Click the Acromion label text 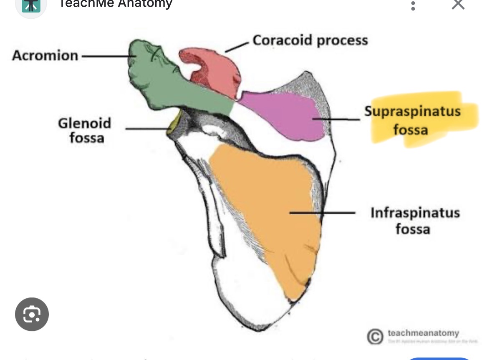click(x=45, y=55)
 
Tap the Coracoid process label click(x=310, y=40)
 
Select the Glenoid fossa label click(x=85, y=130)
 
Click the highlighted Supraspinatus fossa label click(x=412, y=120)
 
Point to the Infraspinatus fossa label click(x=415, y=221)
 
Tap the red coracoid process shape click(x=217, y=69)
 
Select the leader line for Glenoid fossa click(x=146, y=129)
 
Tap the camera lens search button click(x=32, y=314)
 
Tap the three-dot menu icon click(x=413, y=5)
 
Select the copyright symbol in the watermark click(x=375, y=337)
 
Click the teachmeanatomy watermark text click(x=423, y=333)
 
